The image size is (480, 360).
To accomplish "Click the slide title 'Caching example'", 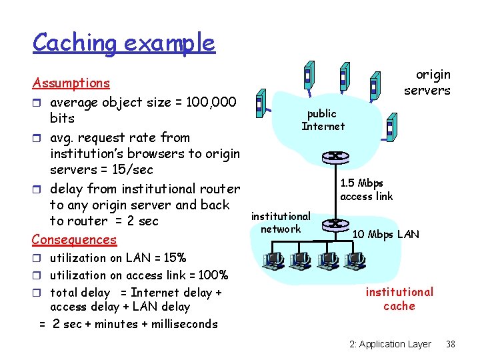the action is [123, 43].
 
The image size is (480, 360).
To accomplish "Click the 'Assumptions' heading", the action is [71, 83].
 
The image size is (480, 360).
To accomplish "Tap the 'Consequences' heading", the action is [75, 239].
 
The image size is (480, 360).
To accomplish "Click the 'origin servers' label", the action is [427, 83].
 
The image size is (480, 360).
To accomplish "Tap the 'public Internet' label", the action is [323, 120].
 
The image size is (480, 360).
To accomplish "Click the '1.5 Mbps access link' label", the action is [366, 189].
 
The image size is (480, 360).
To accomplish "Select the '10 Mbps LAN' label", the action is [385, 234].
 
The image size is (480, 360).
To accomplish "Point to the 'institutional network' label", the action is [281, 223].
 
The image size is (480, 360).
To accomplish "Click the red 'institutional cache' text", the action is [399, 299].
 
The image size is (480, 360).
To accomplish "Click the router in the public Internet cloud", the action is [331, 157].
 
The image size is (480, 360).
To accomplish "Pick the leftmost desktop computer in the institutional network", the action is [274, 260].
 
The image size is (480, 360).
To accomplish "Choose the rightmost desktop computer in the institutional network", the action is [355, 260].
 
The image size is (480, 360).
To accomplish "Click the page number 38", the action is [451, 344].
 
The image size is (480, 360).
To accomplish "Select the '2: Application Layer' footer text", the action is [390, 344].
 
